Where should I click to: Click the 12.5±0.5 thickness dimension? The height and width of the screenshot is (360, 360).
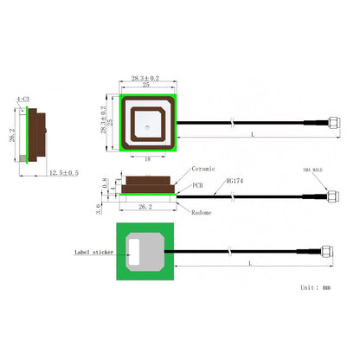click(x=62, y=173)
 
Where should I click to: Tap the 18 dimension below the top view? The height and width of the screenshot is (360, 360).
click(x=149, y=158)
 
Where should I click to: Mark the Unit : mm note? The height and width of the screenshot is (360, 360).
click(x=315, y=286)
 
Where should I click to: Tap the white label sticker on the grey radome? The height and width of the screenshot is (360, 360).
click(x=133, y=252)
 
